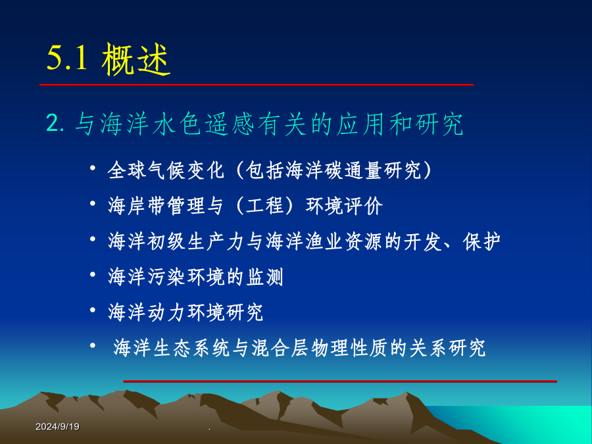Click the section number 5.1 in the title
click(x=67, y=58)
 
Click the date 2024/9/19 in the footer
click(x=57, y=427)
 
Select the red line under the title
click(x=257, y=85)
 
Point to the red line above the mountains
click(x=340, y=381)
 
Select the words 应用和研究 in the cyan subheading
click(x=400, y=124)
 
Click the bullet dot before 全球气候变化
click(x=93, y=168)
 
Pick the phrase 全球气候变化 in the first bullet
click(x=166, y=170)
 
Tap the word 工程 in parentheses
click(x=264, y=206)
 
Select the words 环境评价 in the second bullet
click(x=344, y=206)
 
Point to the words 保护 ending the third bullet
click(x=481, y=241)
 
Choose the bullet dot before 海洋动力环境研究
click(x=93, y=310)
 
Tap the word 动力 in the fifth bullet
click(x=166, y=312)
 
